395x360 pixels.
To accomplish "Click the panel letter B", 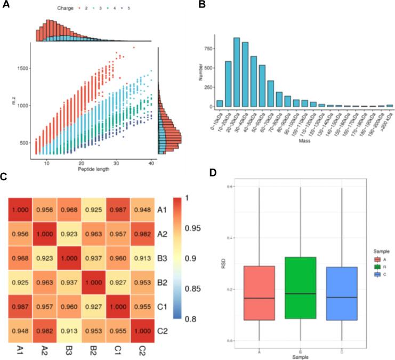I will pos(201,7).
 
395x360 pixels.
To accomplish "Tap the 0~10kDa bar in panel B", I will pos(219,103).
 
